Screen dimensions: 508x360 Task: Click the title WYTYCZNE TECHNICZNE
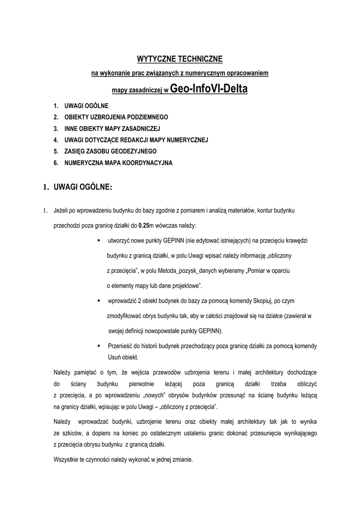[180, 60]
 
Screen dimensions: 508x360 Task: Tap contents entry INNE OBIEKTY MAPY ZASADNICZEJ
[112, 128]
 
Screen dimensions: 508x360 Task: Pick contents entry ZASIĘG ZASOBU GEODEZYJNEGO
[110, 151]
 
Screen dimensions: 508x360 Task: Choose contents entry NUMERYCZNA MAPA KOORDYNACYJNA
[118, 162]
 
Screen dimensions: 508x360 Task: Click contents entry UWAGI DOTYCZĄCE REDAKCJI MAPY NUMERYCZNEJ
[136, 140]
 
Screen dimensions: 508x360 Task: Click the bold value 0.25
[144, 225]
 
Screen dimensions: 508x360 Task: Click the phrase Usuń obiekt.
[123, 357]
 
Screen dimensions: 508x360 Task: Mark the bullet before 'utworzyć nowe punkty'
[99, 240]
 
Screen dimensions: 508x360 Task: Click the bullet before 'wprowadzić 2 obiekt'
[99, 301]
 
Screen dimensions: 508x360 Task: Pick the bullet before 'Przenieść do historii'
[99, 346]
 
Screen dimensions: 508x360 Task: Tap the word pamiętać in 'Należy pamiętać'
[85, 372]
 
